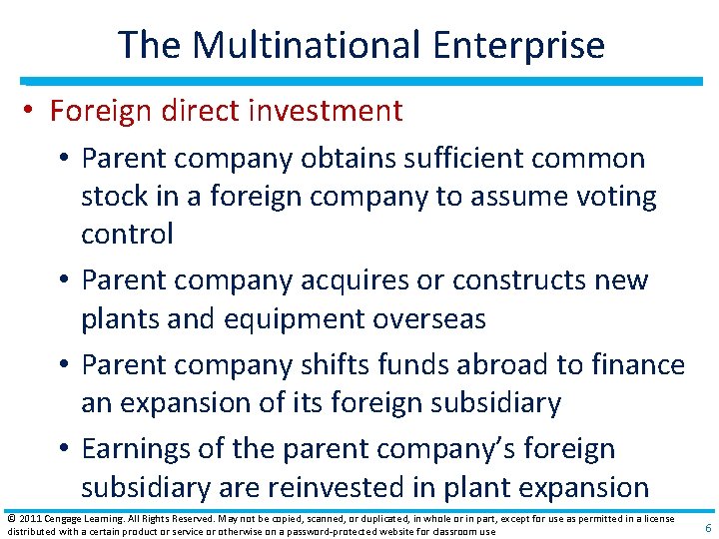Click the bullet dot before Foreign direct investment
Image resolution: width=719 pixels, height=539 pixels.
[x=31, y=111]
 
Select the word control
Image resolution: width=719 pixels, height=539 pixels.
[x=128, y=235]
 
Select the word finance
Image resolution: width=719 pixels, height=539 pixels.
[x=636, y=365]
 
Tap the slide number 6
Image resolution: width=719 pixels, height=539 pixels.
[x=708, y=527]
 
